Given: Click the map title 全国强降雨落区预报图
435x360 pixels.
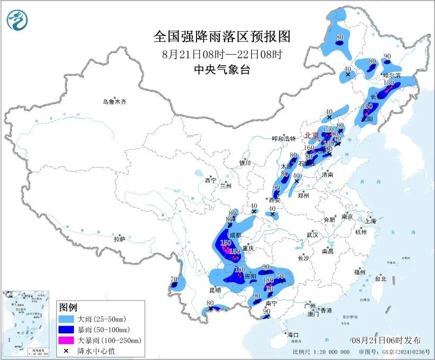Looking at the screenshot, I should click(222, 36).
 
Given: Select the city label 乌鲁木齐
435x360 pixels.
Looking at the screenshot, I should click(116, 101).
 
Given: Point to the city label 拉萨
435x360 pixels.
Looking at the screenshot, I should click(119, 239).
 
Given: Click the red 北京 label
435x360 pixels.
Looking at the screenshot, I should click(311, 136).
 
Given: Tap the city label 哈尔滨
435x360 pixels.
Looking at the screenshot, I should click(393, 76).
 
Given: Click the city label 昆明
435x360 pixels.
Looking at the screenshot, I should click(215, 290).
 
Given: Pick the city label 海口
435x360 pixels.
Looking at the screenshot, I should click(293, 335).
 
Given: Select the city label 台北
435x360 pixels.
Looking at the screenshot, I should click(380, 278).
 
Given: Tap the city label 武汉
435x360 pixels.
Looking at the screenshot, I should click(312, 234).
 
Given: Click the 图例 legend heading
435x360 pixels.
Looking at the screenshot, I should click(68, 308).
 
